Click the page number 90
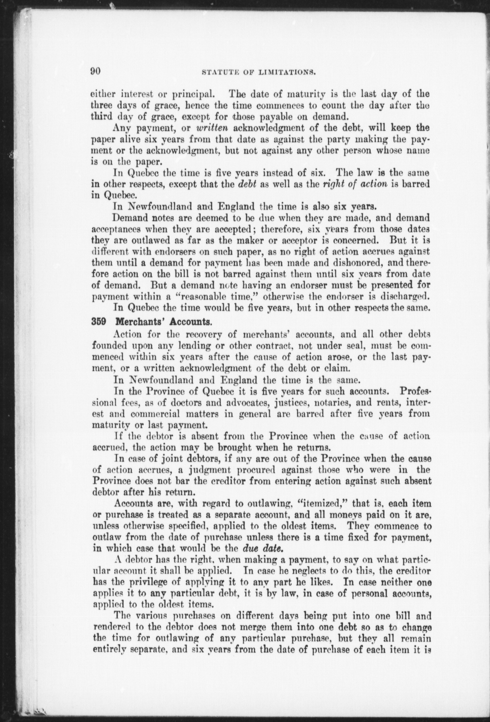pyautogui.click(x=96, y=71)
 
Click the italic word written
pyautogui.click(x=211, y=128)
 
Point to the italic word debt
pyautogui.click(x=247, y=184)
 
